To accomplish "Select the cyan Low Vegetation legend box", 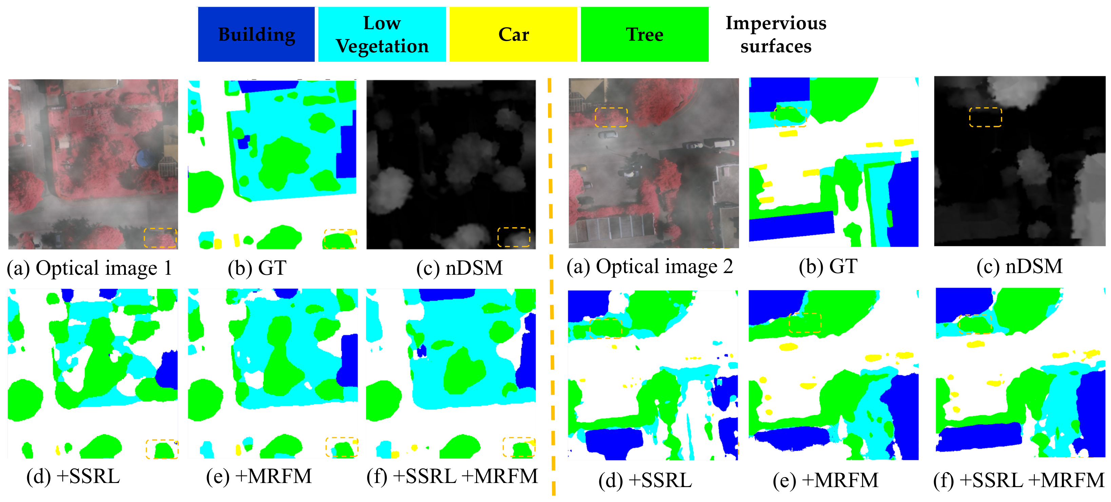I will click(382, 35).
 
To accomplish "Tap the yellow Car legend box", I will click(513, 35).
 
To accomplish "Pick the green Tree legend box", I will click(644, 35).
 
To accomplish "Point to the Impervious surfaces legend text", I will click(776, 35).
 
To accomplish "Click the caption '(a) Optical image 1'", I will click(89, 268).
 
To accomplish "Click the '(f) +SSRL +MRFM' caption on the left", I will click(452, 476).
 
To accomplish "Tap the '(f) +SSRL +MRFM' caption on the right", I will click(1019, 480).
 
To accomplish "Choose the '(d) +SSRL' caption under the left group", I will click(73, 476).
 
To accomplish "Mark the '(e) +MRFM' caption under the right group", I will click(825, 480).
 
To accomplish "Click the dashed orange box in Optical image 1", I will click(160, 238).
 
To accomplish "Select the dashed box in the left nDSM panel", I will click(514, 237).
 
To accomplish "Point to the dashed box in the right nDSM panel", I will click(986, 117).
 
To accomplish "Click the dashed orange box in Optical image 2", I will click(611, 117).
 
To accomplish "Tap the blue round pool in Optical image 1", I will click(143, 158).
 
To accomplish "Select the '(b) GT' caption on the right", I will click(828, 267).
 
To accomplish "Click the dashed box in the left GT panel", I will click(340, 239).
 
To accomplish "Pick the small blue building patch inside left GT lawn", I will click(244, 142).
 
